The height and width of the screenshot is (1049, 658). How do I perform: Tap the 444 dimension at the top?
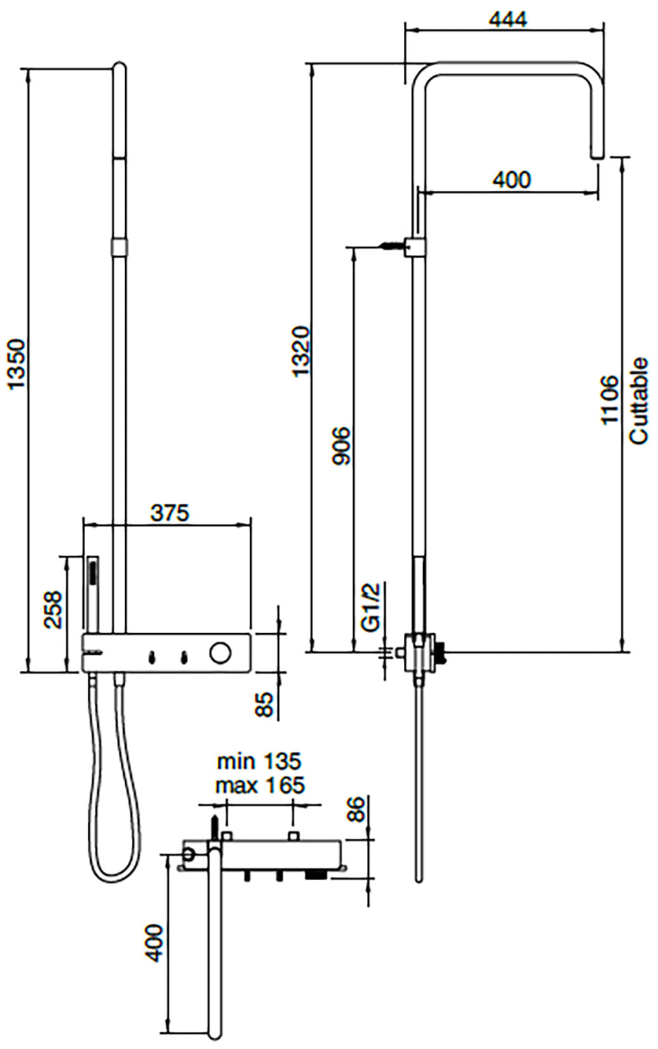click(508, 20)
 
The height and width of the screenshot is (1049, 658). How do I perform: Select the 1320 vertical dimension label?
click(301, 351)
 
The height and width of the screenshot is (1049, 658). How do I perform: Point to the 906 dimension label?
click(342, 445)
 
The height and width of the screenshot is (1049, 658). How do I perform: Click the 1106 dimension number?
click(610, 400)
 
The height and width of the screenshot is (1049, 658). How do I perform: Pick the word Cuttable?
click(638, 401)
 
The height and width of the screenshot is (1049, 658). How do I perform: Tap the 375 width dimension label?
click(170, 512)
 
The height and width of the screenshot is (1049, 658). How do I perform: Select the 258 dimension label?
click(53, 610)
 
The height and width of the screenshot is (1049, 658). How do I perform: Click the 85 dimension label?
click(265, 704)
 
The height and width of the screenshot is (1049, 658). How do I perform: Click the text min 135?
click(259, 761)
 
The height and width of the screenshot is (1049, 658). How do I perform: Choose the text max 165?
click(259, 785)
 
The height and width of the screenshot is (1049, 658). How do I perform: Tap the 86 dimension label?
click(358, 808)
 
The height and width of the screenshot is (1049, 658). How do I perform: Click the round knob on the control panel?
click(220, 653)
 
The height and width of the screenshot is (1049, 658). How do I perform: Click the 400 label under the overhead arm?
click(511, 180)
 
